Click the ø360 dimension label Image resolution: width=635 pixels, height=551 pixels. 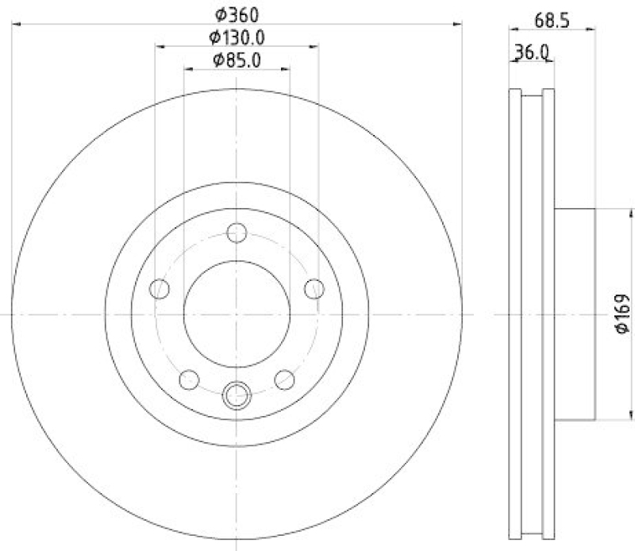(x=237, y=13)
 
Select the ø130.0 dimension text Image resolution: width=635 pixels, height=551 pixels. (x=237, y=37)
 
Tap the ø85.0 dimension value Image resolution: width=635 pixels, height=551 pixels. (x=237, y=60)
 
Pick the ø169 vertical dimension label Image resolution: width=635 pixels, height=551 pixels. (x=622, y=314)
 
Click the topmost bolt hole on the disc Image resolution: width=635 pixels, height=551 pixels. (x=237, y=233)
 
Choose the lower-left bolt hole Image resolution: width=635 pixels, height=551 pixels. (x=189, y=380)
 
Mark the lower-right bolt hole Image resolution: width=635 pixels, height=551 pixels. (x=284, y=380)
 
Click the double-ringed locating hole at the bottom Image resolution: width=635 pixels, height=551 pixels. (x=237, y=394)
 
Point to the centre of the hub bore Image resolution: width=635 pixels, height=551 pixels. (x=237, y=313)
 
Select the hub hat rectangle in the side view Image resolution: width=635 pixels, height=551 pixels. (x=574, y=314)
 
